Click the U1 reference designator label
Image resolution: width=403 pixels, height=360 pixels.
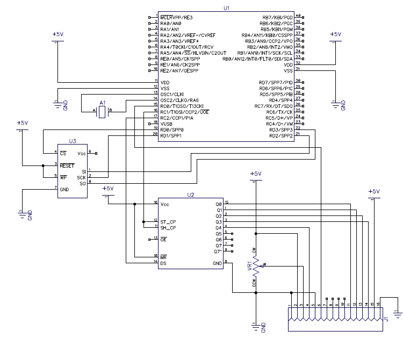tap(226, 9)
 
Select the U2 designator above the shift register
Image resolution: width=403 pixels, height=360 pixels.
tap(190, 195)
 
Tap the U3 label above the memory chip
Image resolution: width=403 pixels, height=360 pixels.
tap(73, 141)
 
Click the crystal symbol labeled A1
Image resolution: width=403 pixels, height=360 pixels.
tap(103, 111)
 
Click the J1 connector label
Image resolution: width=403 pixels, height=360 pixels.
tap(386, 320)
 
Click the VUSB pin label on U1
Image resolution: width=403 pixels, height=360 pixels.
tap(167, 124)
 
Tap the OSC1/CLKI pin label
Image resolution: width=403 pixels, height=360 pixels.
tap(172, 94)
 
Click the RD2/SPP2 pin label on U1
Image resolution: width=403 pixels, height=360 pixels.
tap(280, 135)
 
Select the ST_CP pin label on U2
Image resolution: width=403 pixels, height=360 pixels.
tap(168, 222)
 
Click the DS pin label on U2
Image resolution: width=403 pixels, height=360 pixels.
tap(163, 263)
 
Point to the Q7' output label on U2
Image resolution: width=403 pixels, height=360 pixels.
tap(218, 251)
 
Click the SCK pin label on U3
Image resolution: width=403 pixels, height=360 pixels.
tap(81, 177)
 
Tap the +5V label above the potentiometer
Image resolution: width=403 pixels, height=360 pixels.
tap(256, 174)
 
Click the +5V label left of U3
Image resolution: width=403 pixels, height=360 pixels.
tap(22, 123)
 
